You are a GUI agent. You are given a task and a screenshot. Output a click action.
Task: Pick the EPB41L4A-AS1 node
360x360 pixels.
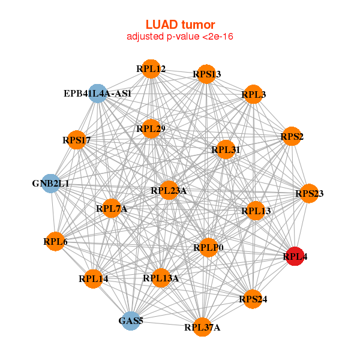(98, 94)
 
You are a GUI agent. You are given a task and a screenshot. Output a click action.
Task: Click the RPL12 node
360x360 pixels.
(151, 69)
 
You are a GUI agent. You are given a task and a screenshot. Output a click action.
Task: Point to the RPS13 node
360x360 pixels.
(206, 74)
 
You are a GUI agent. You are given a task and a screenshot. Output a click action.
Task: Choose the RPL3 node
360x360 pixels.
(253, 94)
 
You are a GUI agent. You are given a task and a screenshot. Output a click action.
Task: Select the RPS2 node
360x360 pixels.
(292, 137)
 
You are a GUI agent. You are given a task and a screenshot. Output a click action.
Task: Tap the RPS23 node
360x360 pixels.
(309, 193)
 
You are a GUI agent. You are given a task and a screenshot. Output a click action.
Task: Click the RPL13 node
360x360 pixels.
(256, 211)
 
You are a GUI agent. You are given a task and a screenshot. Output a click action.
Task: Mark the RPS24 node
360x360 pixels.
(253, 299)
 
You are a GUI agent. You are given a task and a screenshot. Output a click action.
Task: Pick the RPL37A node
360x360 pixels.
(203, 327)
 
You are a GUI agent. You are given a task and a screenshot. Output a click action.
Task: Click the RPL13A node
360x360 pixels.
(160, 278)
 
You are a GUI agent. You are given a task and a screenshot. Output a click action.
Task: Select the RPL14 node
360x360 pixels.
(93, 278)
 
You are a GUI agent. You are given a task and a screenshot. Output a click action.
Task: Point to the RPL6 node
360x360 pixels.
(55, 241)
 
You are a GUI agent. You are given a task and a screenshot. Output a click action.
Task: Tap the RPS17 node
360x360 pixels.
(76, 140)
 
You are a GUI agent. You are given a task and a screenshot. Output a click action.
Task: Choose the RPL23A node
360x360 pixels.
(169, 191)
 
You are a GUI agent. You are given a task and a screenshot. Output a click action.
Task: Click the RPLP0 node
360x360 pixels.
(208, 247)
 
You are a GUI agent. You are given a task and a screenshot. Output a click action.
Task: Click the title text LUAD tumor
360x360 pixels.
(180, 25)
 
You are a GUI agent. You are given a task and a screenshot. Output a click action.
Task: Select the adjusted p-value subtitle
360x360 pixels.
(180, 37)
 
